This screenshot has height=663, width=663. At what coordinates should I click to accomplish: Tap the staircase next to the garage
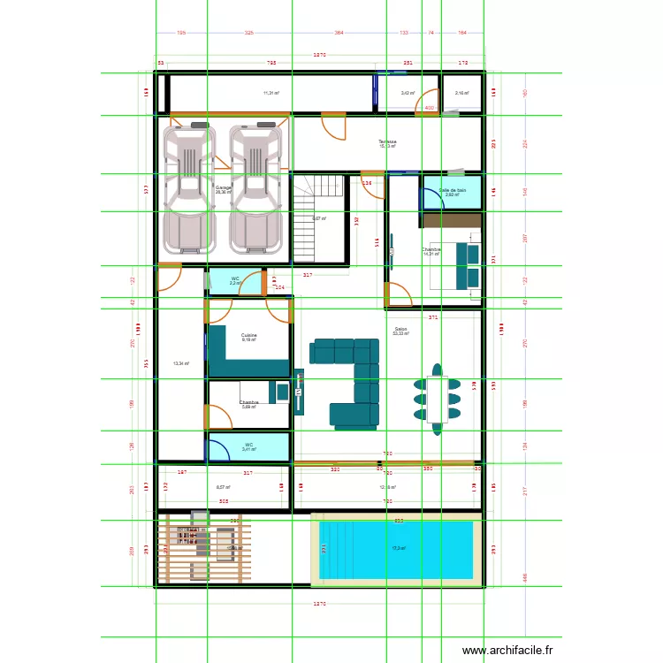coord(308,217)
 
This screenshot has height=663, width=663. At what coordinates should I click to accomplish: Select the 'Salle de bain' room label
coord(452,190)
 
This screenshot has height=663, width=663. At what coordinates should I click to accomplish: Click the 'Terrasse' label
coord(387,141)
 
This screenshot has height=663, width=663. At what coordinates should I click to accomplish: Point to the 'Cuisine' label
coord(248,335)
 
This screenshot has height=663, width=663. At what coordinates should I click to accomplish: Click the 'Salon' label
coord(400,330)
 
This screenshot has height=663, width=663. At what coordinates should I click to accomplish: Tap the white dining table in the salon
coord(437,399)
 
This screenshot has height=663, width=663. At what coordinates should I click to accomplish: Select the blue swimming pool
coord(396,549)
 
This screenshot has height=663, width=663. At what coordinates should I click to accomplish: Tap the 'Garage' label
coord(223,187)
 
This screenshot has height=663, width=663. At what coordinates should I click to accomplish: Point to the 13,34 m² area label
coord(180,363)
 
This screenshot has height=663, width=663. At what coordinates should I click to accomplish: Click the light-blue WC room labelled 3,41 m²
coord(248,447)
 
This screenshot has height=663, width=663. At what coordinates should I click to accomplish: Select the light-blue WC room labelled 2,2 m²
coord(235,281)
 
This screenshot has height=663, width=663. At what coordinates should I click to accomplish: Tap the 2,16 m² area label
coord(461,93)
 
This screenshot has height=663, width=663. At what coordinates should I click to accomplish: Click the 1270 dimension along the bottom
coord(320,604)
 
